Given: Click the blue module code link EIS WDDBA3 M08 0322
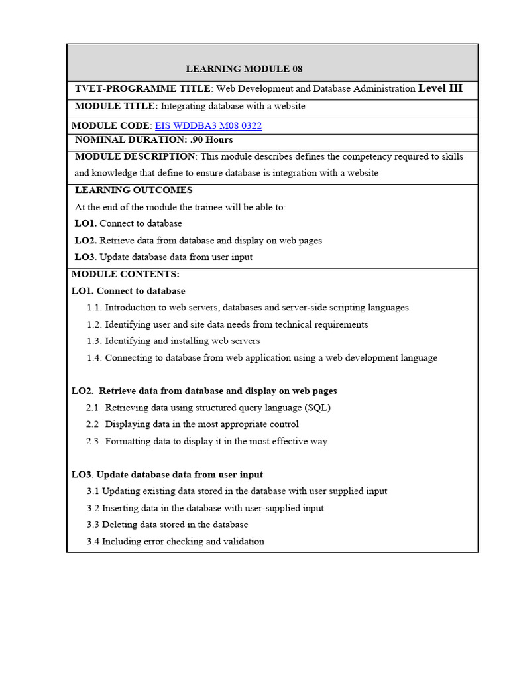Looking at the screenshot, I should coord(208,125).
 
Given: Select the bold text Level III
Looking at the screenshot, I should coord(440,88).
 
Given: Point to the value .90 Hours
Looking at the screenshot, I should coord(211,140).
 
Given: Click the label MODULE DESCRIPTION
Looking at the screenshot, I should coord(135,156).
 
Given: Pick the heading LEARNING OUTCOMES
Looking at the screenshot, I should coord(133,190).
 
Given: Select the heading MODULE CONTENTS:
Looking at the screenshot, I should coord(125,274).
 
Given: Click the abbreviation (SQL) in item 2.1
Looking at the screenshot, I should coord(317,408).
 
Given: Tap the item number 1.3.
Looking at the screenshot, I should coord(94,341).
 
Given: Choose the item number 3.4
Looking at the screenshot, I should coord(93,542).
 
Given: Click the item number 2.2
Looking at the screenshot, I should coord(92,424).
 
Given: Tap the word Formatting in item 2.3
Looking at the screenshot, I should coord(129,442).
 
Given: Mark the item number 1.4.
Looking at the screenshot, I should coord(94,358).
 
